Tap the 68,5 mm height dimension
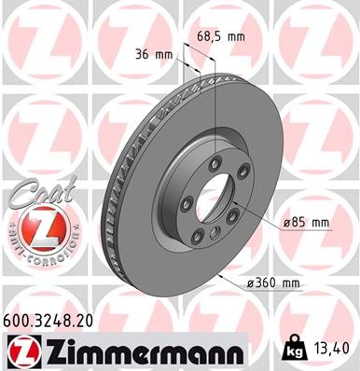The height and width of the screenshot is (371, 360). pyautogui.click(x=220, y=36)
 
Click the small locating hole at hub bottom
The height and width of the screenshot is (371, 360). pyautogui.click(x=213, y=233)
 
